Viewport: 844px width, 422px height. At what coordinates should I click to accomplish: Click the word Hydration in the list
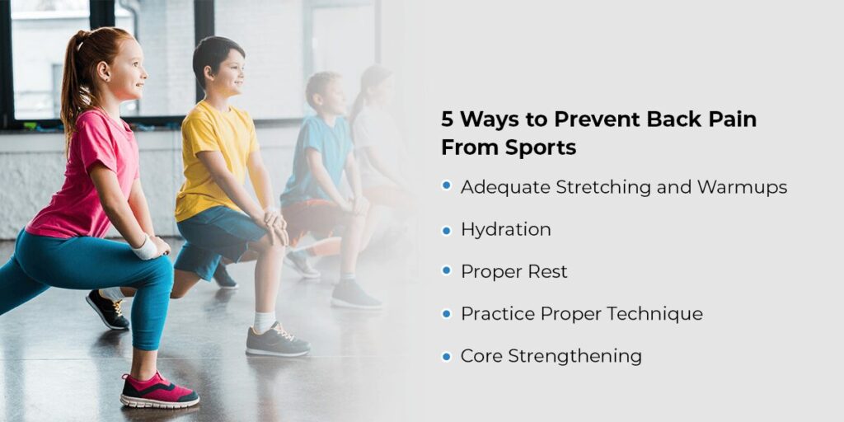tap(505, 230)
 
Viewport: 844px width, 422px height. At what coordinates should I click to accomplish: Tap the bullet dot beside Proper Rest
tap(446, 270)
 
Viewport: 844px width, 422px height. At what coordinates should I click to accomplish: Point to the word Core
tap(481, 356)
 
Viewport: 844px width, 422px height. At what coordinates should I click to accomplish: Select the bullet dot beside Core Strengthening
tap(446, 356)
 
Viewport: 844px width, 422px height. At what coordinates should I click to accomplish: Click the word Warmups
tap(743, 188)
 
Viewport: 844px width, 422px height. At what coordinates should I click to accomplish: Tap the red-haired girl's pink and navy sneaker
tap(159, 392)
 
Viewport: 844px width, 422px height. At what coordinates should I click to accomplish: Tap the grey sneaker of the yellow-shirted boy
tap(277, 340)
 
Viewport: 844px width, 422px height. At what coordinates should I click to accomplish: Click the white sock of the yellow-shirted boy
tap(264, 322)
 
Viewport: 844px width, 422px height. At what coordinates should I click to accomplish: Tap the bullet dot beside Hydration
tap(446, 231)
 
